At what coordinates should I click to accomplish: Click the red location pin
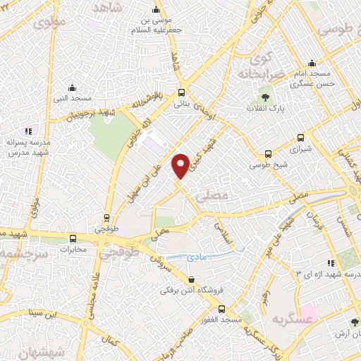[181, 165]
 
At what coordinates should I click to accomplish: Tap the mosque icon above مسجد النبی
[72, 88]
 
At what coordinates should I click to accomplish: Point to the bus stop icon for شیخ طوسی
[268, 154]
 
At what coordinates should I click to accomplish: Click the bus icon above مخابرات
[73, 238]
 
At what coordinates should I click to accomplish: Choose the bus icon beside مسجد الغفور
[221, 309]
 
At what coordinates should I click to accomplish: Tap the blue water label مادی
[195, 259]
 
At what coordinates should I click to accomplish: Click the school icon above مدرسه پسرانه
[28, 130]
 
